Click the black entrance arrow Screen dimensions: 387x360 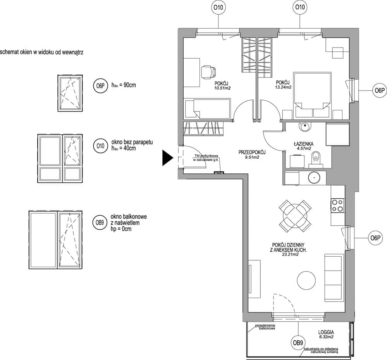(x=167, y=158)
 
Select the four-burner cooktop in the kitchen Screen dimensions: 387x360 (x=337, y=206)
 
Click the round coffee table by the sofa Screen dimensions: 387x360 (x=306, y=280)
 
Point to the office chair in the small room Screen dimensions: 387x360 (x=209, y=72)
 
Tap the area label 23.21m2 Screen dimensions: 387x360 (x=290, y=254)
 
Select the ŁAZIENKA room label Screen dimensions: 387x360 (x=304, y=144)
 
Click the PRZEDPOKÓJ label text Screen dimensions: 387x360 (x=252, y=153)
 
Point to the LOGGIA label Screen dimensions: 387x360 (x=326, y=333)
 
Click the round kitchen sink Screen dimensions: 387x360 (x=314, y=178)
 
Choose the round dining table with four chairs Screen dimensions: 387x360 (x=295, y=216)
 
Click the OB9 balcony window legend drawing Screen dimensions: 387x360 (x=55, y=240)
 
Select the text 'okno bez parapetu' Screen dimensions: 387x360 (x=132, y=142)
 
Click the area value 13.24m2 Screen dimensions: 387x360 (x=283, y=87)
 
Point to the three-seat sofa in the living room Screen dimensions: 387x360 (x=334, y=278)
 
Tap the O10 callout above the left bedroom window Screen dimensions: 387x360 (x=218, y=8)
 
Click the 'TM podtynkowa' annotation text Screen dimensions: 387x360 (x=206, y=156)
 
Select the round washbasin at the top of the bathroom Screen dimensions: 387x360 (x=305, y=127)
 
